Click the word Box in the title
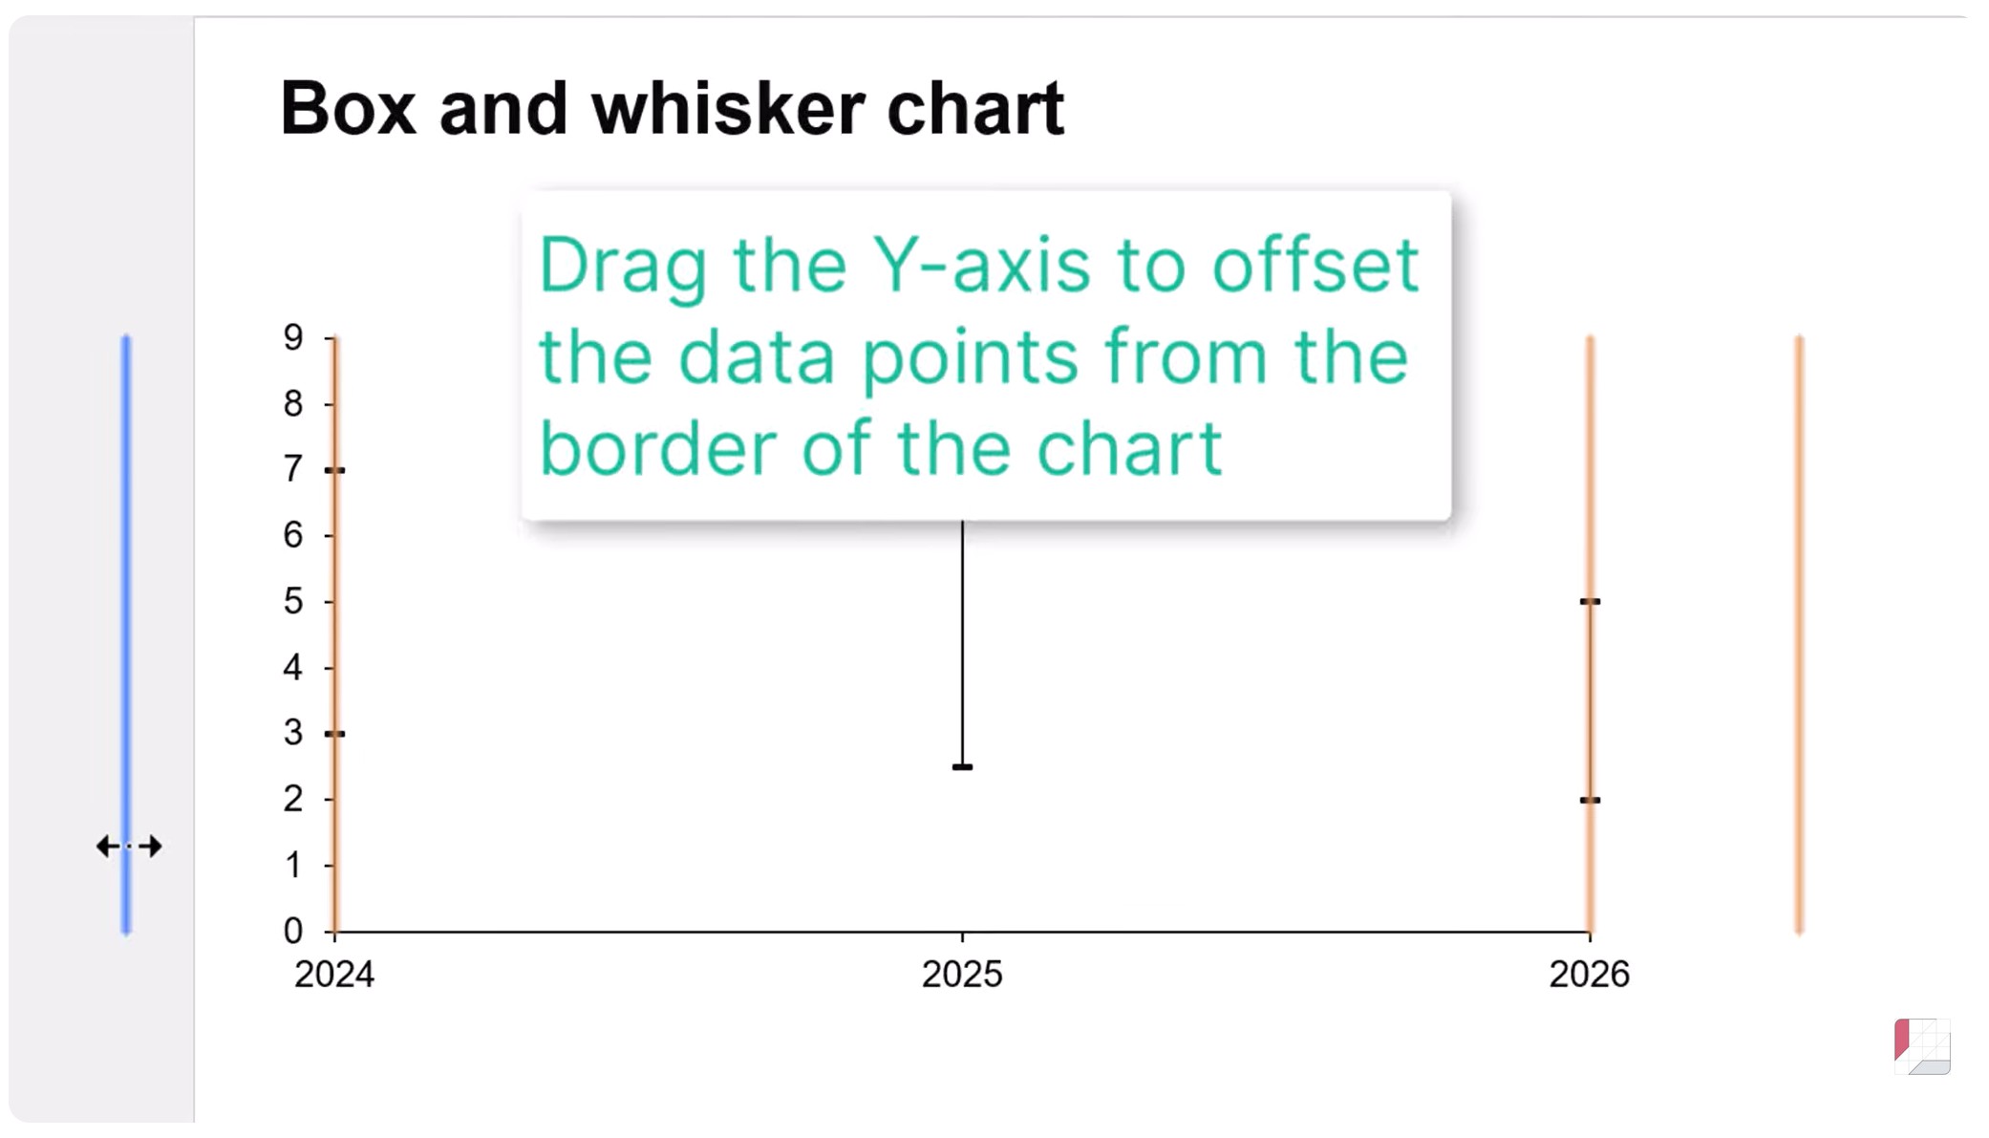point(349,109)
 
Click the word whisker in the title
point(728,107)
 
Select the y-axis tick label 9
point(293,337)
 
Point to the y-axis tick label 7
point(293,469)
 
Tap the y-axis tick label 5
point(293,601)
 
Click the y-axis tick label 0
point(293,931)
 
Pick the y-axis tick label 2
point(293,799)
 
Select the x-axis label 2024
point(334,975)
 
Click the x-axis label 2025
point(962,975)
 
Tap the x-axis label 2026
point(1590,975)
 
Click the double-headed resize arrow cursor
point(129,847)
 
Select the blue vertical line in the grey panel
point(126,634)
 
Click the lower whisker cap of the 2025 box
point(962,767)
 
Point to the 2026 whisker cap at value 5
point(1590,602)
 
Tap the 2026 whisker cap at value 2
point(1590,801)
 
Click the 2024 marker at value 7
point(334,470)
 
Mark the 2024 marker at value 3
point(334,734)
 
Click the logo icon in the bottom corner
point(1922,1047)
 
